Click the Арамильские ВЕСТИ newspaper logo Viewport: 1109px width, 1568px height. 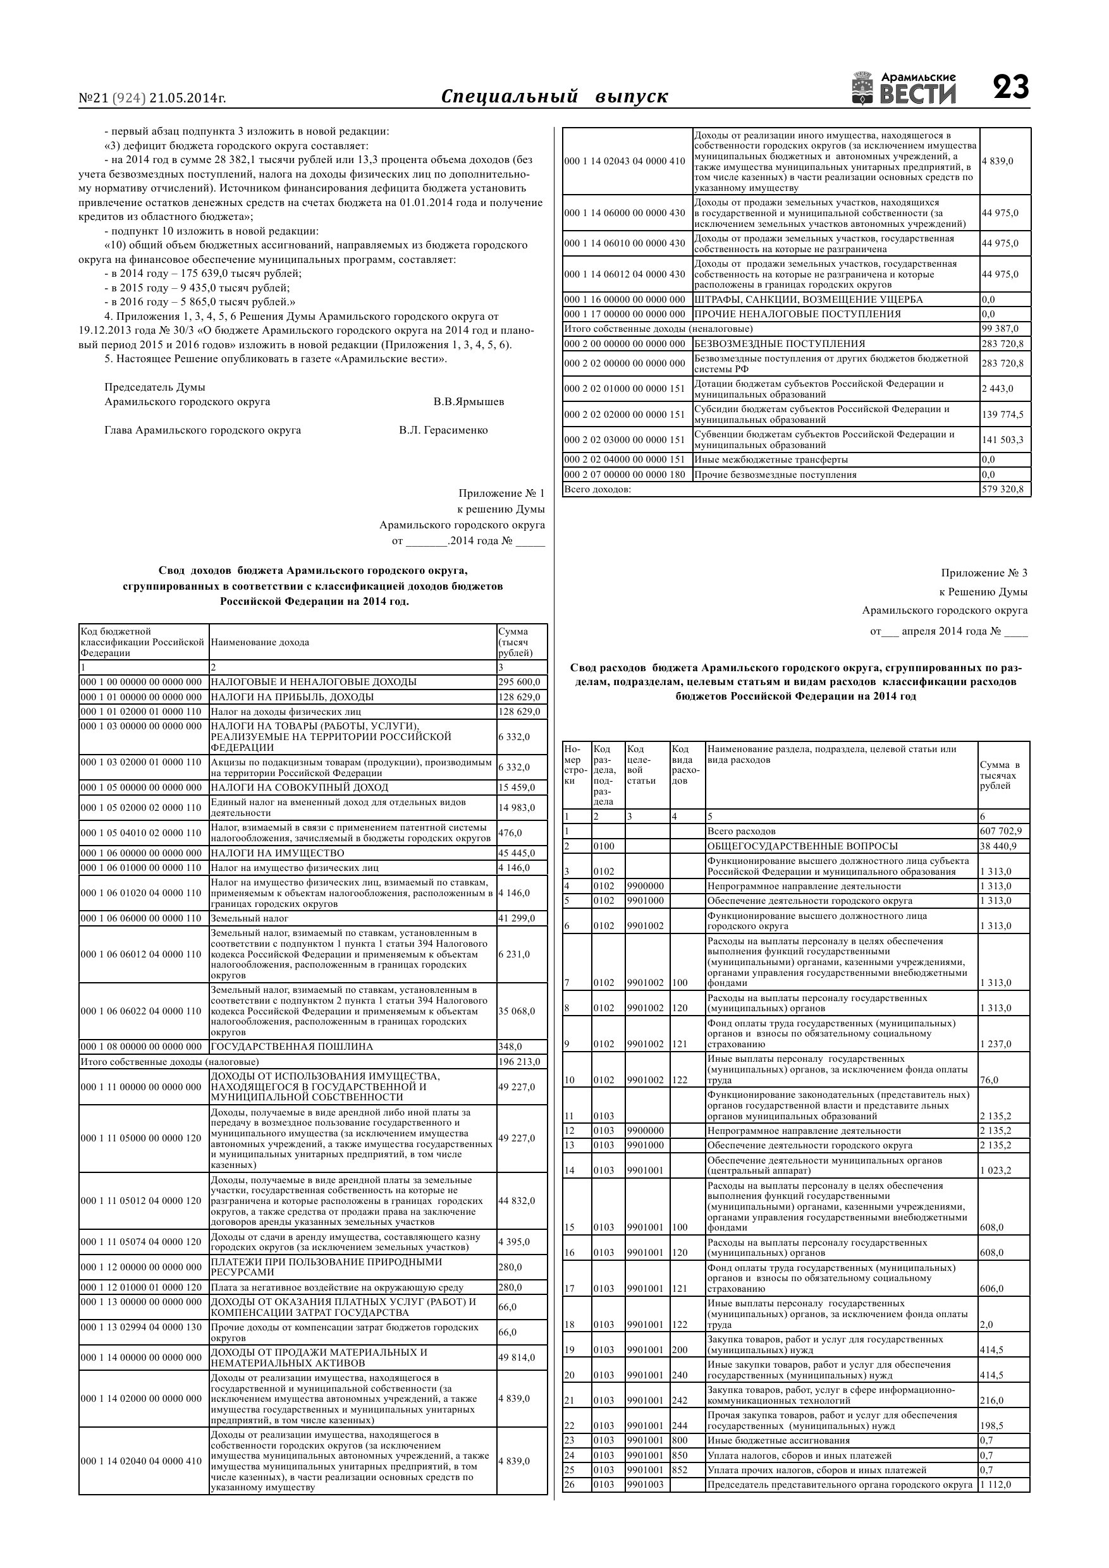tap(904, 88)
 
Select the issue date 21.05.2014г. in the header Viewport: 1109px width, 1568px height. tap(187, 99)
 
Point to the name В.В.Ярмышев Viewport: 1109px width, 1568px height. tap(468, 401)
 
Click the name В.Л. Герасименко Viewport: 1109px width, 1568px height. tap(443, 430)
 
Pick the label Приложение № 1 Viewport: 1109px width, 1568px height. tap(501, 493)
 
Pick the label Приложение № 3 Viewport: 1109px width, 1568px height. tap(983, 573)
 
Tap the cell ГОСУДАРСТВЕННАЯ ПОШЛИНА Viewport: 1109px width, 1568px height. tap(291, 1046)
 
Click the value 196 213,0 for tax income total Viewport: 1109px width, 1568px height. tap(518, 1061)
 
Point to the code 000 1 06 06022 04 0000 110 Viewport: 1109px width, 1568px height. tap(142, 1011)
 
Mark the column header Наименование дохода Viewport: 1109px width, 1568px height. tap(260, 642)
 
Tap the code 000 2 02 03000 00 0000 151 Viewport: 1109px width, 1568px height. tap(625, 440)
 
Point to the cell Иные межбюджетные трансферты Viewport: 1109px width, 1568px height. tap(771, 459)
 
